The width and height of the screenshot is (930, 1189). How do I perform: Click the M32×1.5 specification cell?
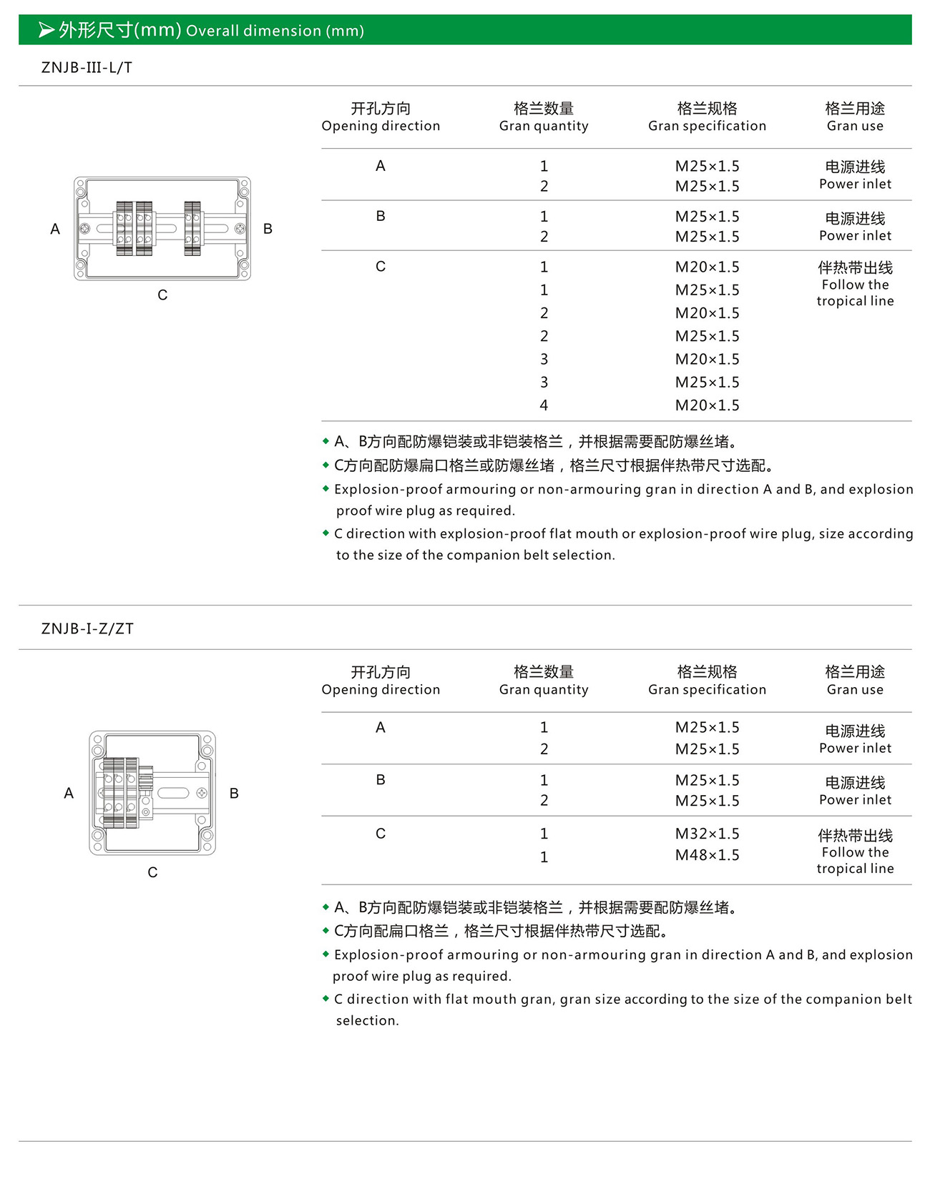(x=707, y=834)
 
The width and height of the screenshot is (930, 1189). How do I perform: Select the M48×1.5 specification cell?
(x=707, y=855)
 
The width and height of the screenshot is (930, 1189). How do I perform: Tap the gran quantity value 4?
(x=544, y=405)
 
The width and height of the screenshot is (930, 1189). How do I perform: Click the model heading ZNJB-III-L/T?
(x=87, y=68)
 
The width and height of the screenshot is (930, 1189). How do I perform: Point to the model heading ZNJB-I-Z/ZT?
(x=87, y=628)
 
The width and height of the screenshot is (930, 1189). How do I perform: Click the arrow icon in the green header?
(x=46, y=30)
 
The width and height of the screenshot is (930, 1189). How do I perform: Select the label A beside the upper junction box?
(x=55, y=229)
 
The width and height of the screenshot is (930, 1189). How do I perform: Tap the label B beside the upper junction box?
(x=268, y=229)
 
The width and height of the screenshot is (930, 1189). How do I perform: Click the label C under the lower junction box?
(x=152, y=872)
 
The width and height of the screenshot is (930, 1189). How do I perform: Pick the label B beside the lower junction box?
(x=234, y=793)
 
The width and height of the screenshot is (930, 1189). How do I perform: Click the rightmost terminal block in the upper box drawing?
(x=192, y=228)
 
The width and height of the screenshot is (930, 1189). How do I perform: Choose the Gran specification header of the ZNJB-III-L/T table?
(x=707, y=117)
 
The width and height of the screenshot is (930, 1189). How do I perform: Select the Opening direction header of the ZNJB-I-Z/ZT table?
(x=381, y=681)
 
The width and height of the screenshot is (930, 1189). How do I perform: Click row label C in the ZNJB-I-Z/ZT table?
(x=381, y=834)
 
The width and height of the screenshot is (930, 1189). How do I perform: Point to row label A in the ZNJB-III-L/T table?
(x=381, y=166)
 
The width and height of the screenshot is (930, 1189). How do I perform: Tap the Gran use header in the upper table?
(x=855, y=117)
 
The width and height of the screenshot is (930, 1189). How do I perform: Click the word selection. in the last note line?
(x=368, y=1020)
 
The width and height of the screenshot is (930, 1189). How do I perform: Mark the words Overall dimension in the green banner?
(x=253, y=31)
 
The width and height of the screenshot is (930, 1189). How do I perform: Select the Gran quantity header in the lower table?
(x=544, y=681)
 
